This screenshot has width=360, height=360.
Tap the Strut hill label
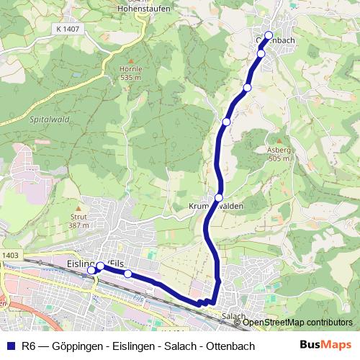(79, 217)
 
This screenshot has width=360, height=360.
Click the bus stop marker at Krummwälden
(219, 197)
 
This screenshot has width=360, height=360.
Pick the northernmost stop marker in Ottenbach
(269, 35)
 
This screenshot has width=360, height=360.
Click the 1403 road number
(10, 255)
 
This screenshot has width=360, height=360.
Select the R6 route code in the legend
(30, 346)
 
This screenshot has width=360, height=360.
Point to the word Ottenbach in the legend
(227, 346)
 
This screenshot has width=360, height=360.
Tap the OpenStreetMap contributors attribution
(297, 323)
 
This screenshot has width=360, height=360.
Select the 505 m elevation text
(279, 159)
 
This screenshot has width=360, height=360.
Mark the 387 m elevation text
(79, 225)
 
